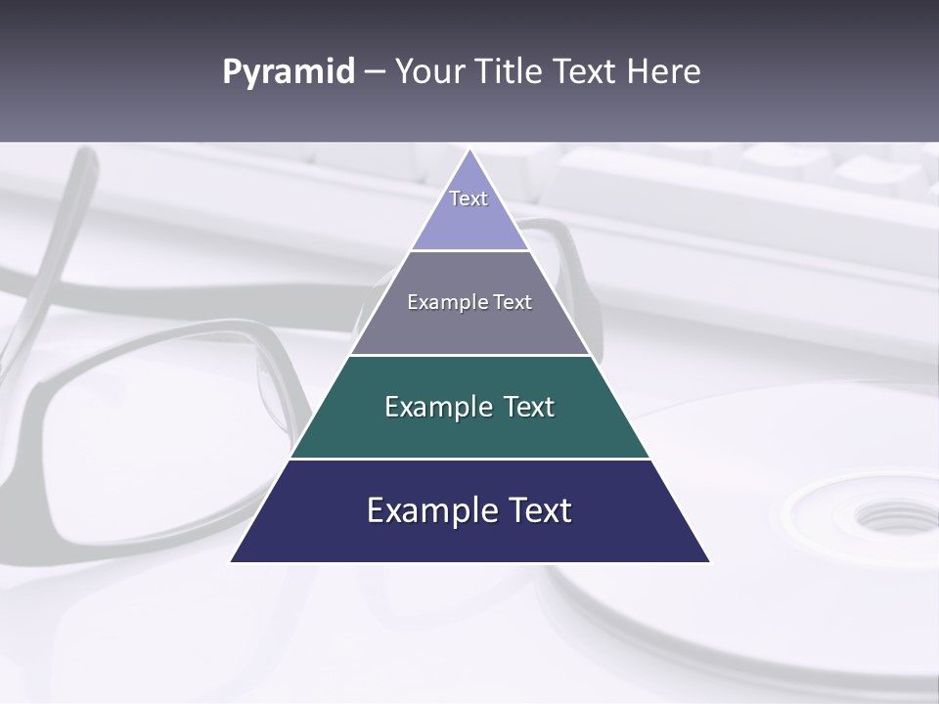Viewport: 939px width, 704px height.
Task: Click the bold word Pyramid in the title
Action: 288,72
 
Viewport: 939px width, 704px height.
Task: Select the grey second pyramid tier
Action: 469,328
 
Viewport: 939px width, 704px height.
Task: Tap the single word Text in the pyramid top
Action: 469,198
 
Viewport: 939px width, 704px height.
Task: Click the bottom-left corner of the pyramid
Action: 232,561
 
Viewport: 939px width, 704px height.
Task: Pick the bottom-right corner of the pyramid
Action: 709,561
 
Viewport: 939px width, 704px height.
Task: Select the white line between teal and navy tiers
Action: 469,459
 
